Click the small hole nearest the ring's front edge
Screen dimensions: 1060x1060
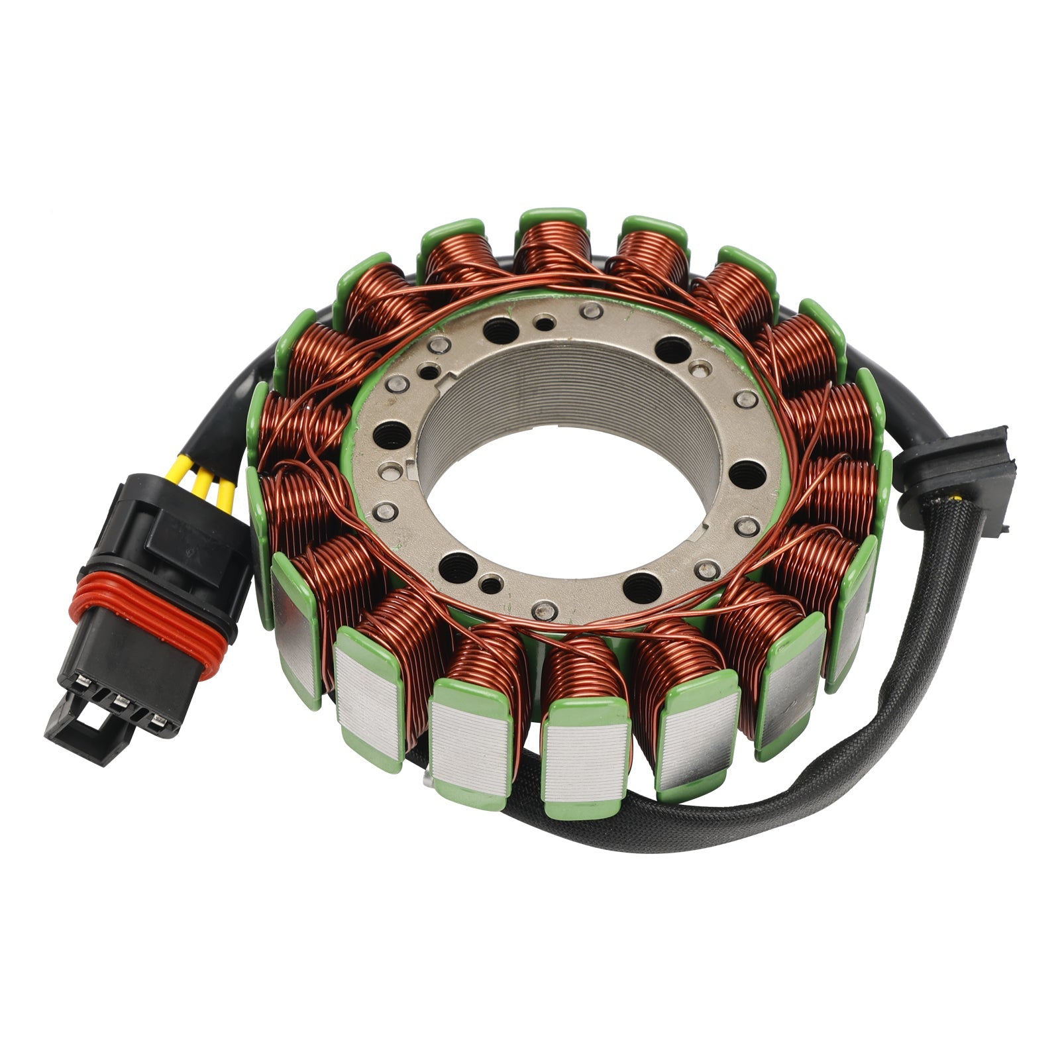(490, 585)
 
